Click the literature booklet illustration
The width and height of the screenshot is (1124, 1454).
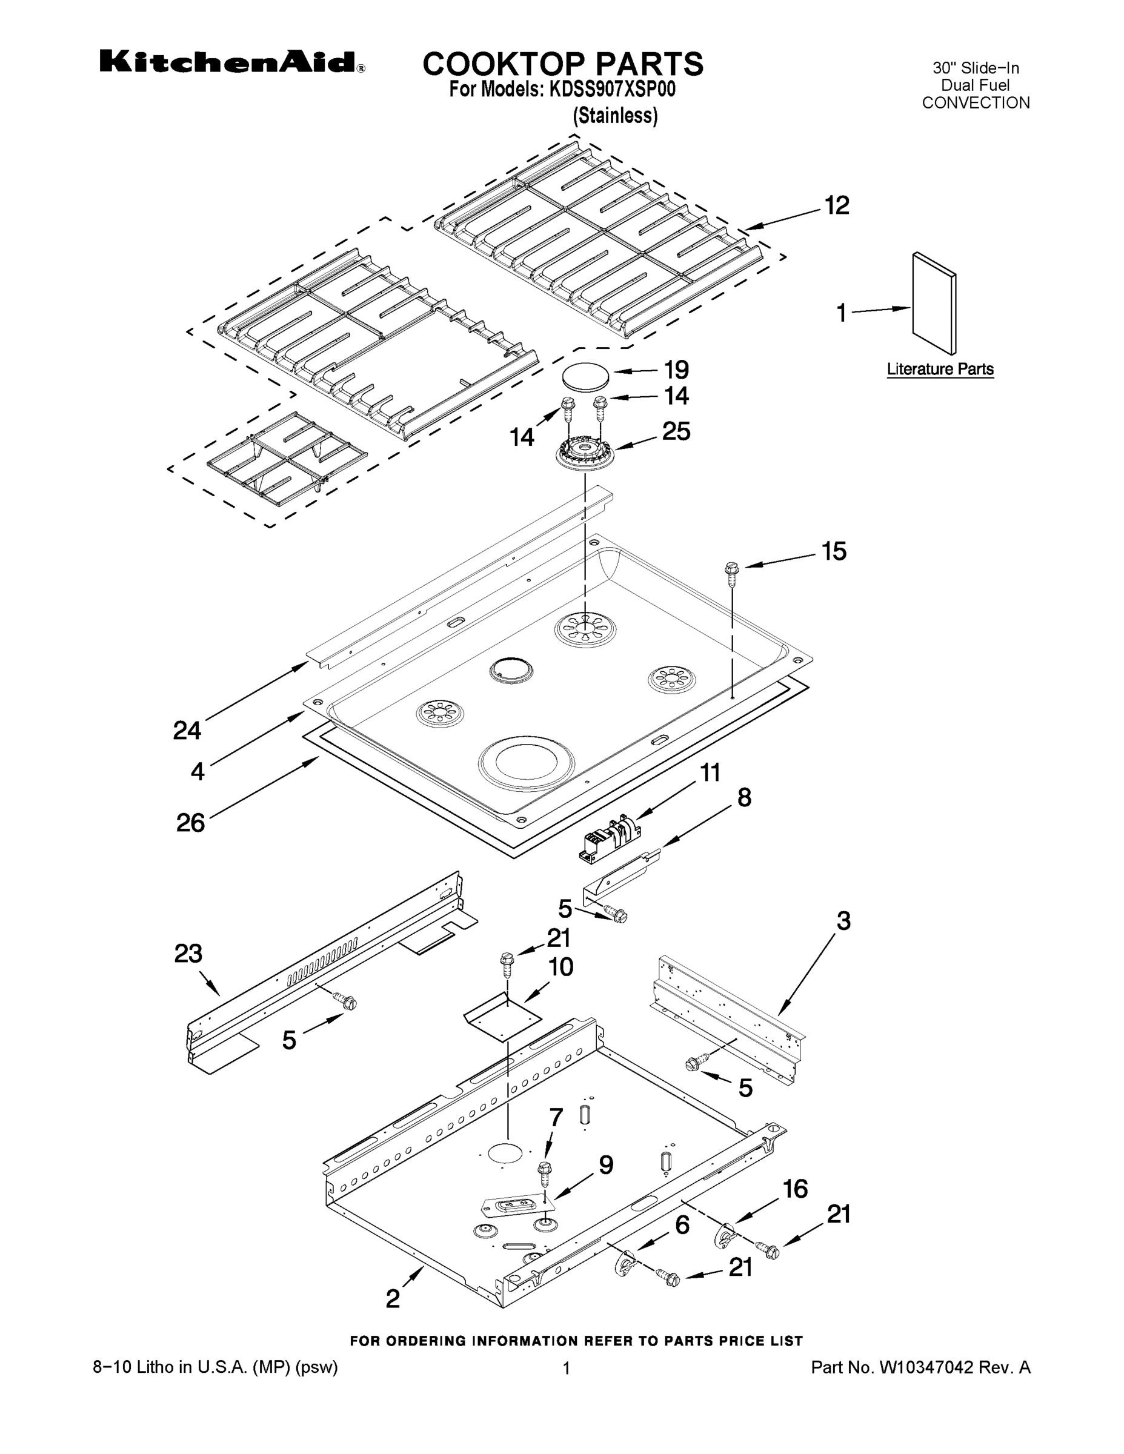tap(934, 303)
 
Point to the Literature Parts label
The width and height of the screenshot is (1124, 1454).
tap(940, 369)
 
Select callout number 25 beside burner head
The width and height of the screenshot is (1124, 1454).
tap(676, 431)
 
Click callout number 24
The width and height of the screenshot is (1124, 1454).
tap(187, 730)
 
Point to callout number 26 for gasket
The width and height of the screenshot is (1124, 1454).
tap(190, 823)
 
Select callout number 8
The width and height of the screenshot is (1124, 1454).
tap(744, 797)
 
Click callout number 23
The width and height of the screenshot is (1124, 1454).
tap(188, 954)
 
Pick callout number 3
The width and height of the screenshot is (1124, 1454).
tap(843, 921)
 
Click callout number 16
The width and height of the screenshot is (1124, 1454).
tap(795, 1189)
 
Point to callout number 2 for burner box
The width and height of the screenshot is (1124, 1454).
tap(393, 1298)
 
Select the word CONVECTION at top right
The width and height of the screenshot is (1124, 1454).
tap(976, 102)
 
